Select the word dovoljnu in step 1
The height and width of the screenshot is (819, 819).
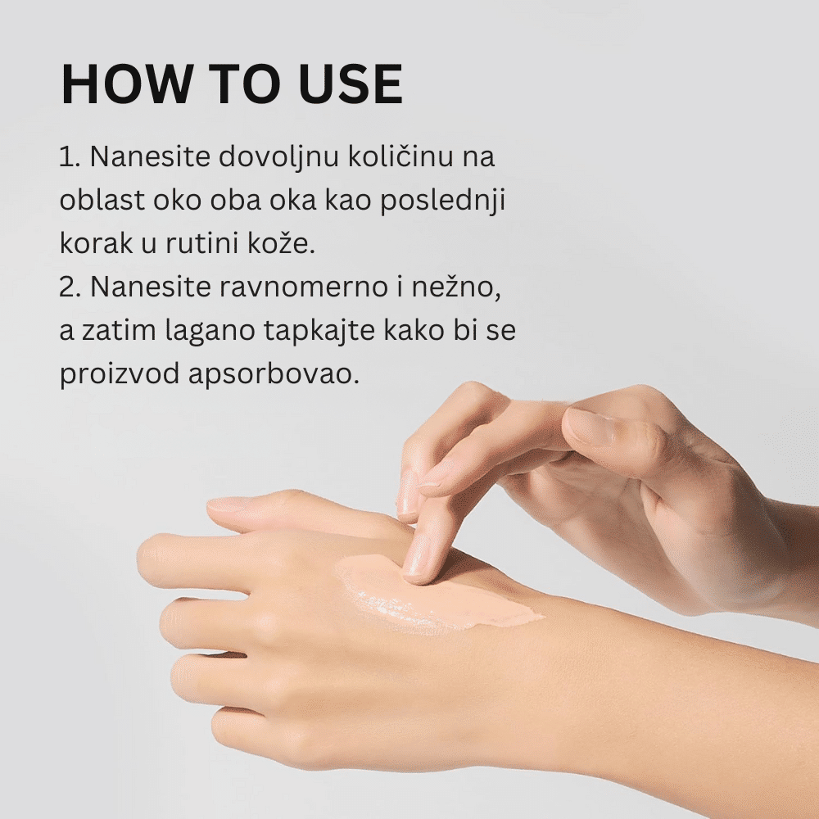tap(279, 157)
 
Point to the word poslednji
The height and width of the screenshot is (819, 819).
tap(443, 201)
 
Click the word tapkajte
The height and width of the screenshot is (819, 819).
tap(319, 331)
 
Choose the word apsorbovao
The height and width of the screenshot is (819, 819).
tap(274, 374)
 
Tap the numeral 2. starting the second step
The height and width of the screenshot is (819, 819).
tap(70, 287)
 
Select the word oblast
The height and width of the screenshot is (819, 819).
tap(102, 200)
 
